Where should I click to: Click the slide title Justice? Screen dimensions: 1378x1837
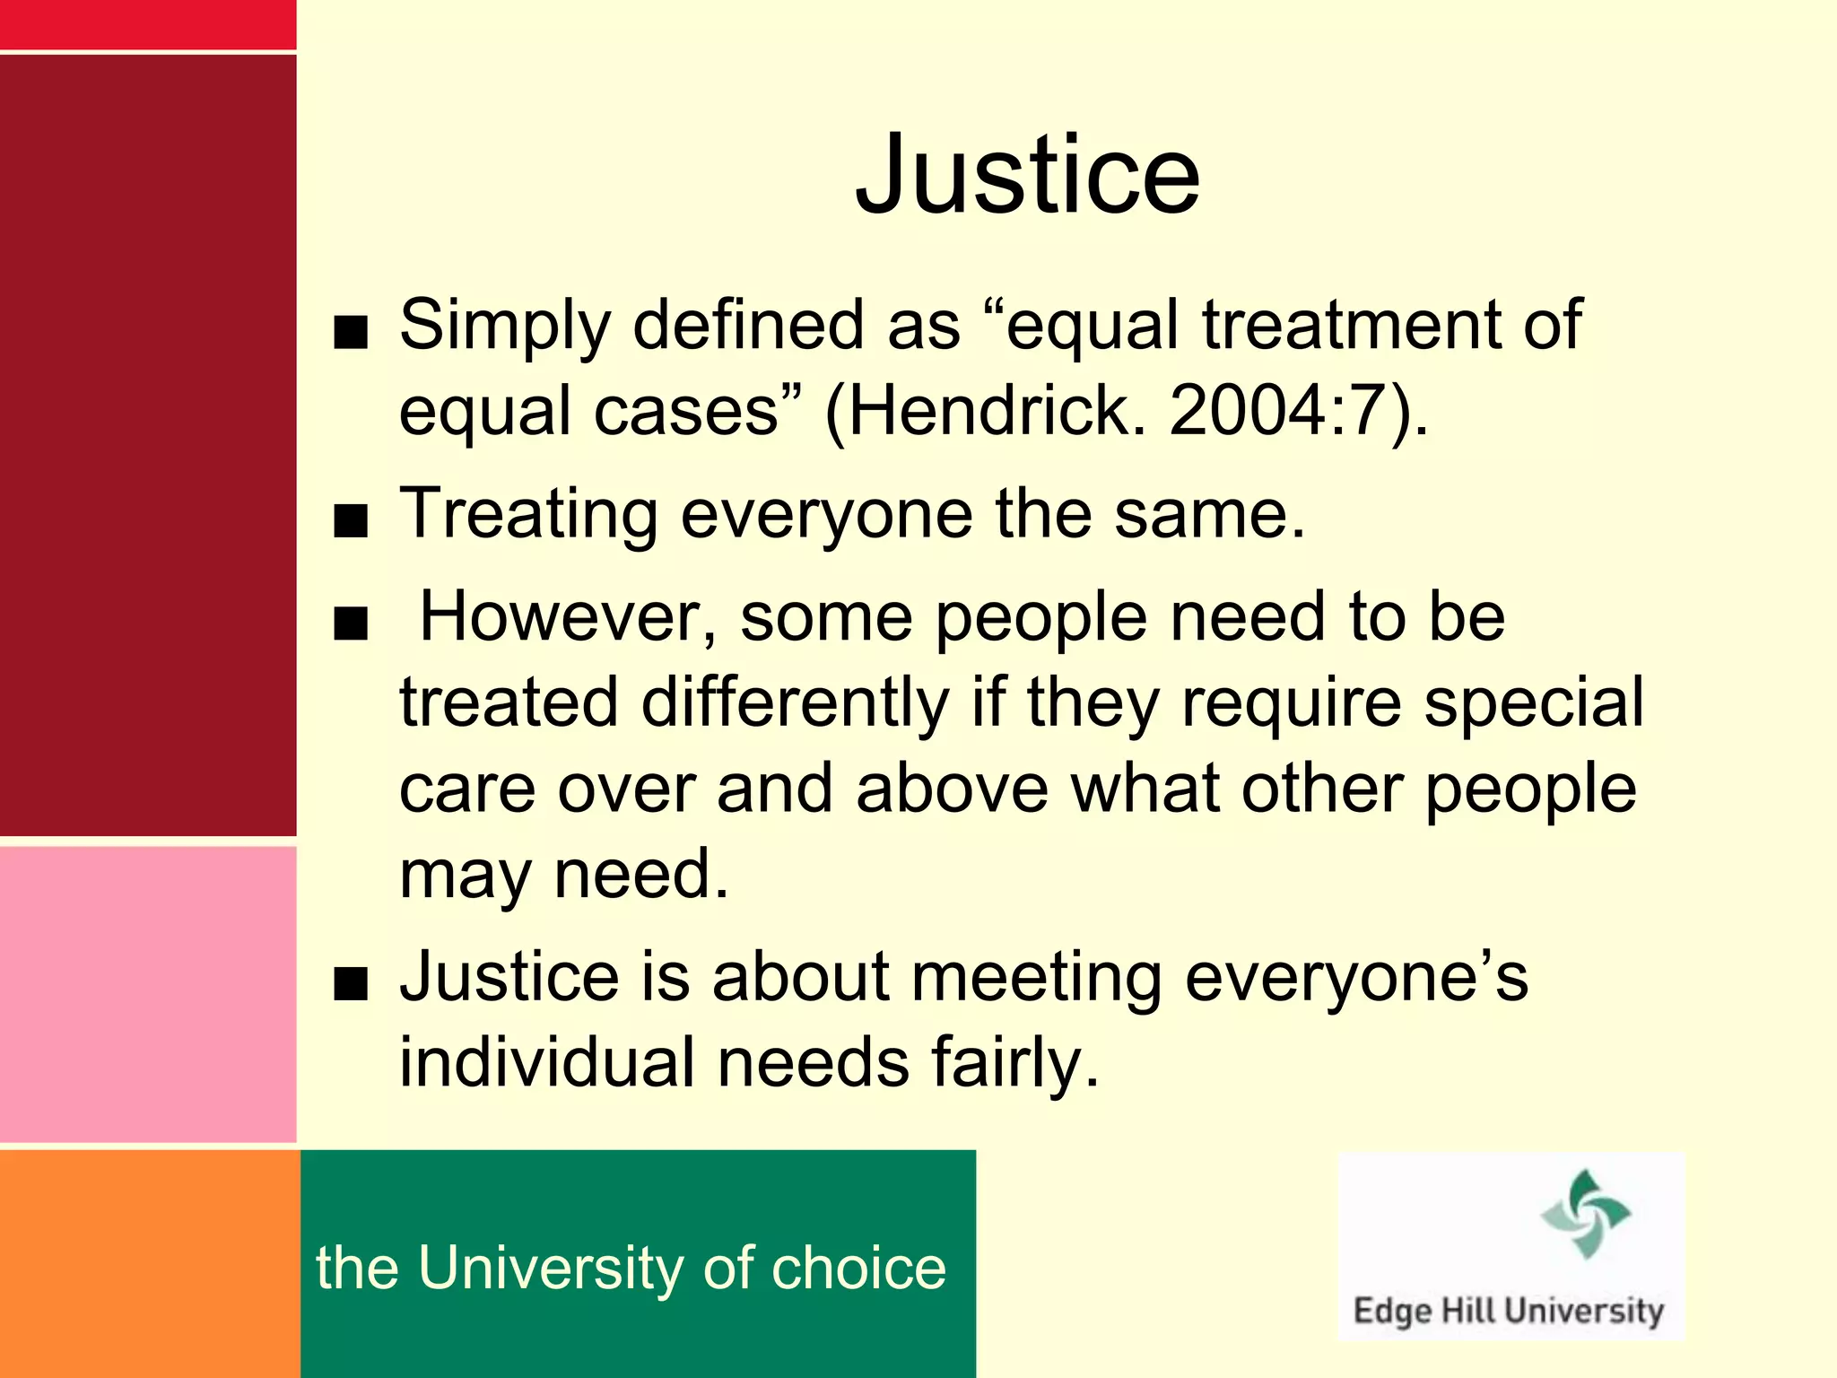click(x=1027, y=175)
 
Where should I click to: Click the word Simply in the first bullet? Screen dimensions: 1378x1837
click(x=504, y=325)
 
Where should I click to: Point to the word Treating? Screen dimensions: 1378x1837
click(x=528, y=514)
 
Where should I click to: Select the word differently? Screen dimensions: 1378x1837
click(x=795, y=702)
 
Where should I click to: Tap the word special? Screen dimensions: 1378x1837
click(x=1534, y=702)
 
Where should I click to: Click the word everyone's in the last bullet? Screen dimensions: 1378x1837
click(x=1355, y=976)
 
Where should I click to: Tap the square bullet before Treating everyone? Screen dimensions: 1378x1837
click(x=350, y=521)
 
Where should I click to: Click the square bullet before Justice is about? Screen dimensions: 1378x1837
click(x=350, y=984)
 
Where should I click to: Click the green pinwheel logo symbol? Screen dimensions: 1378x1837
click(x=1585, y=1213)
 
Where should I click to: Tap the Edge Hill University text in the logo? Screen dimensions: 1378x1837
click(x=1508, y=1311)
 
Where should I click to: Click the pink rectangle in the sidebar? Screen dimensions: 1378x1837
click(x=147, y=994)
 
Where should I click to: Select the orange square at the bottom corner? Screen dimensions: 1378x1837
click(x=149, y=1263)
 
